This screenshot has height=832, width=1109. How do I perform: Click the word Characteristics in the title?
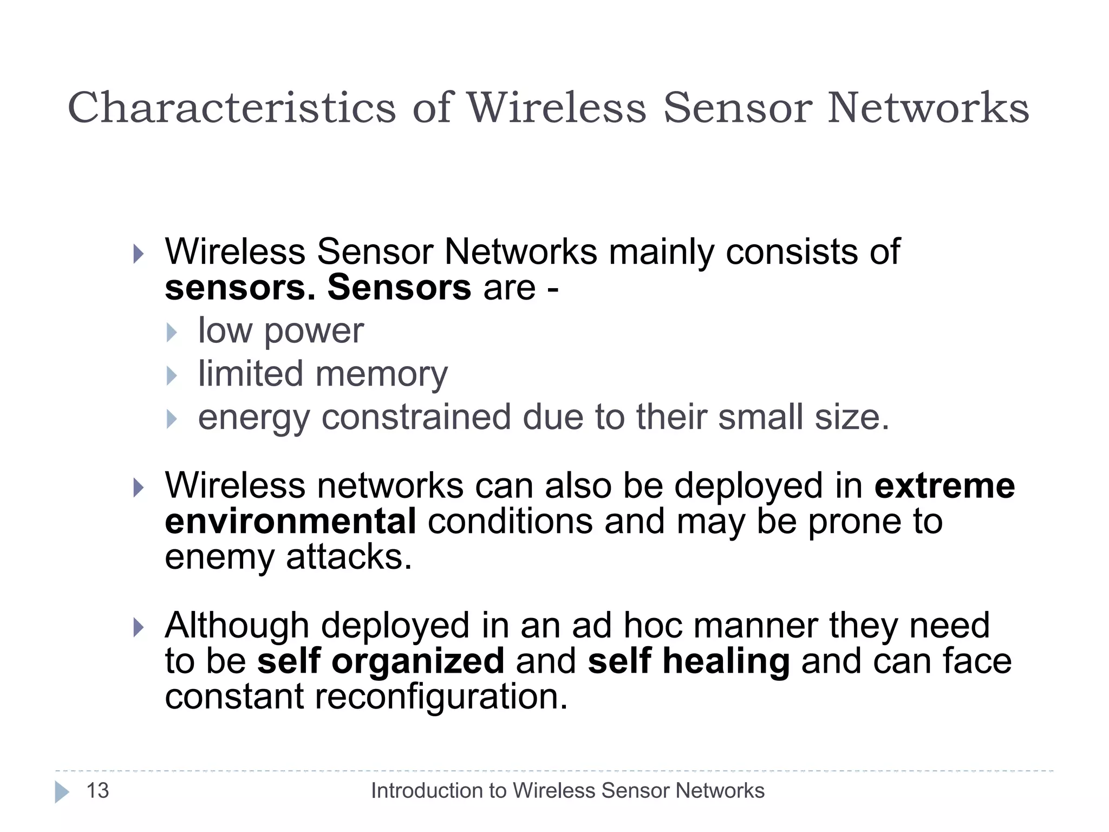(x=232, y=108)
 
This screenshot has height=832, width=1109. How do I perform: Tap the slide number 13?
(x=97, y=791)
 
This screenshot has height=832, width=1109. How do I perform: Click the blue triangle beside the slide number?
(x=62, y=792)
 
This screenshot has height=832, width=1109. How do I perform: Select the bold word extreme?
(x=944, y=485)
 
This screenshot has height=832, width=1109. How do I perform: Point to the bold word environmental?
(x=290, y=521)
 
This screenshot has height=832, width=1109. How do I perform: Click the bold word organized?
(x=417, y=661)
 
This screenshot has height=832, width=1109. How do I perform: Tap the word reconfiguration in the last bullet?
(x=441, y=697)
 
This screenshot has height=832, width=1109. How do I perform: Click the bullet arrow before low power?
(x=172, y=333)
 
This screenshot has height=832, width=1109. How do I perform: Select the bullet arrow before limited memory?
(x=172, y=375)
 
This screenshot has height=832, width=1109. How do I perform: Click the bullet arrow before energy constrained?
(x=172, y=419)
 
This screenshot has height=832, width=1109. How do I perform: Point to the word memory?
(x=381, y=375)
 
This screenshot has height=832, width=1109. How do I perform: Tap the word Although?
(x=237, y=626)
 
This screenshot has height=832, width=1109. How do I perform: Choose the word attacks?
(x=349, y=557)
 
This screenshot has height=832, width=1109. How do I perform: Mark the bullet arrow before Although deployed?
(x=139, y=628)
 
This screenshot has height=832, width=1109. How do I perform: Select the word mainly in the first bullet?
(x=661, y=252)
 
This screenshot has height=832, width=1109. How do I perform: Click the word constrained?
(x=416, y=418)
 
